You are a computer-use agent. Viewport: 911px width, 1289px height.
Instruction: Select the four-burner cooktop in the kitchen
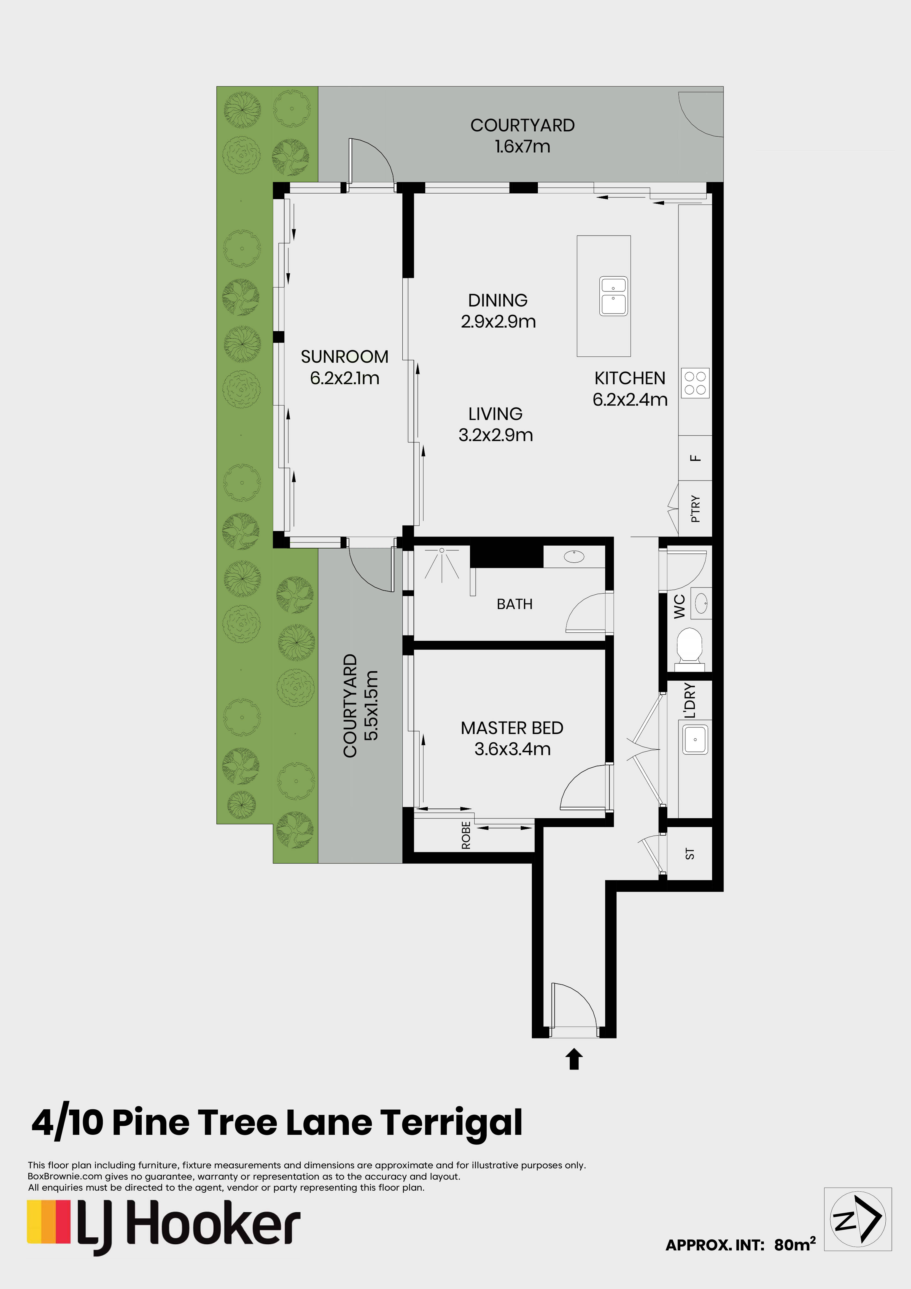[x=695, y=383]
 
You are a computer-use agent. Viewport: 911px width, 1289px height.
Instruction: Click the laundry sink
[x=695, y=739]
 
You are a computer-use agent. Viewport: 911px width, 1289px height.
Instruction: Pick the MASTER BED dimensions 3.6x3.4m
[x=512, y=749]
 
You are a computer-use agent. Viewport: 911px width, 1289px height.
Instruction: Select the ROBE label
[x=466, y=835]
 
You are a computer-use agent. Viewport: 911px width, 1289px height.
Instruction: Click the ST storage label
[x=690, y=854]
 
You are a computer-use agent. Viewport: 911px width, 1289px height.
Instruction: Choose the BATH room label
[x=514, y=604]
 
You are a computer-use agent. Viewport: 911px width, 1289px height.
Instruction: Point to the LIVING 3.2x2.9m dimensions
[x=496, y=435]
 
